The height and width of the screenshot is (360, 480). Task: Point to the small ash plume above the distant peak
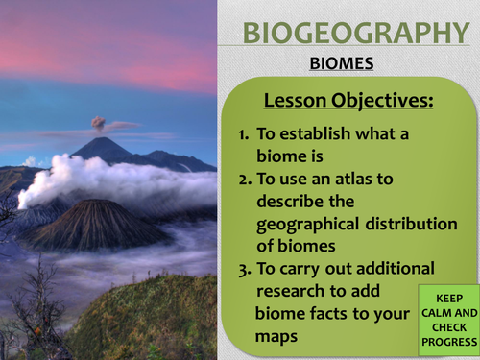[100, 124]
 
